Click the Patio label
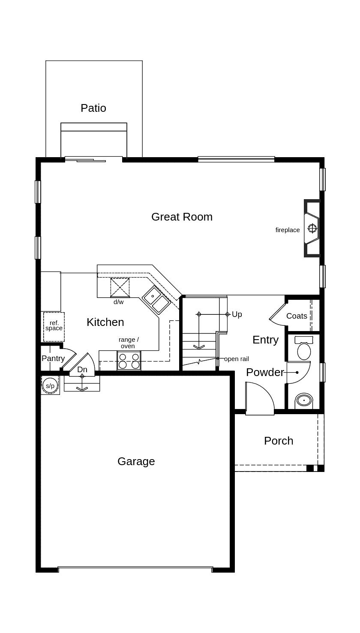(x=93, y=108)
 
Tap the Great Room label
(x=182, y=217)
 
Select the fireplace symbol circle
(x=312, y=228)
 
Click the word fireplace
(x=288, y=230)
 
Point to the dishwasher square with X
(x=120, y=288)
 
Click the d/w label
(x=118, y=302)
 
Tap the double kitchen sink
(x=156, y=299)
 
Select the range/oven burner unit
(x=129, y=361)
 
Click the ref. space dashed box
(x=54, y=327)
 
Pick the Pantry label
(x=53, y=358)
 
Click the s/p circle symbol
(x=50, y=385)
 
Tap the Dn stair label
(x=82, y=369)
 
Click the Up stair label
(x=237, y=314)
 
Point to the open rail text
(x=237, y=359)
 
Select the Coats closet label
(x=297, y=316)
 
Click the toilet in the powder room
(x=304, y=348)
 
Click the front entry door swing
(x=260, y=398)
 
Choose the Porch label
(x=279, y=441)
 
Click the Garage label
(x=136, y=461)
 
